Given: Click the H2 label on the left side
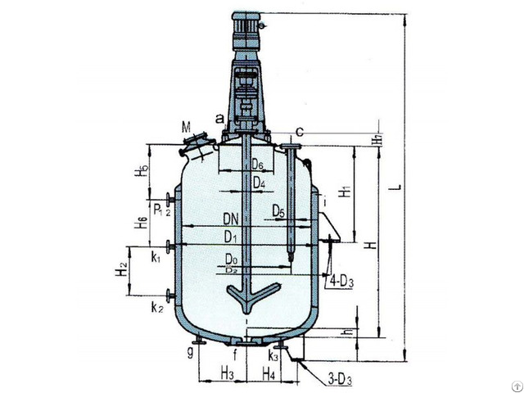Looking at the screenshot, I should tap(120, 269).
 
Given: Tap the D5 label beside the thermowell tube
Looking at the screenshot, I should tap(279, 213).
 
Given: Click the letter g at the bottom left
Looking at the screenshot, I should tap(189, 353).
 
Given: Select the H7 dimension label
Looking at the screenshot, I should tap(376, 140).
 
